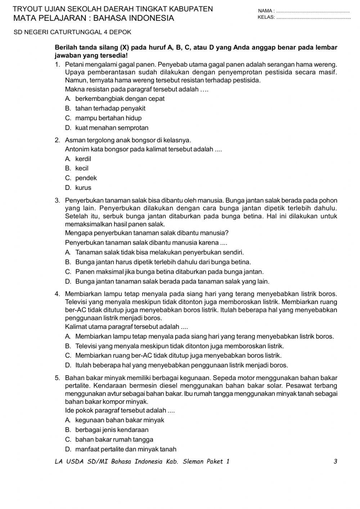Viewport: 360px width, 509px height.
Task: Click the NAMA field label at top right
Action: click(266, 11)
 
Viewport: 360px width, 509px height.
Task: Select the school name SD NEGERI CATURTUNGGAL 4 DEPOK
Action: click(72, 32)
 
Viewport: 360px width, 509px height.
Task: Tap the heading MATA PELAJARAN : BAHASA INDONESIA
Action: click(94, 18)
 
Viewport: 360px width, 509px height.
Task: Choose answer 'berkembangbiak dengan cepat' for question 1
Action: click(120, 99)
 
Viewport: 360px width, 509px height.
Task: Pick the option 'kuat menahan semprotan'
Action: click(112, 128)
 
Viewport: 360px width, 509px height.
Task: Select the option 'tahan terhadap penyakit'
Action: click(110, 108)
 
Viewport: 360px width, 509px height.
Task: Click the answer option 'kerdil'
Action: click(83, 159)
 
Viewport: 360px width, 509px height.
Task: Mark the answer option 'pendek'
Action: click(86, 178)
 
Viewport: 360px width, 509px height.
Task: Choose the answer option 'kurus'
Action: click(83, 188)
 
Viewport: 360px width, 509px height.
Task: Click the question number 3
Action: click(57, 201)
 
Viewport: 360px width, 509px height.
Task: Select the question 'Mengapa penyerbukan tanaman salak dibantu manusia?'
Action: click(147, 233)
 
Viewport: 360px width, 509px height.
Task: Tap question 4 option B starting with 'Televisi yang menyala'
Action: click(179, 346)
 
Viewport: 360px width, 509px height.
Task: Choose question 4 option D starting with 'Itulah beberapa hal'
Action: click(181, 365)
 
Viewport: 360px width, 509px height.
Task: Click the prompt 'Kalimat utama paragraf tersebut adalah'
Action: click(126, 327)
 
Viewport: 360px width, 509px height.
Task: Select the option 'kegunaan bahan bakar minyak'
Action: click(120, 420)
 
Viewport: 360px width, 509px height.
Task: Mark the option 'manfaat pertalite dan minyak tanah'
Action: click(126, 449)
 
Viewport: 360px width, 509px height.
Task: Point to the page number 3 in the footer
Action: click(335, 461)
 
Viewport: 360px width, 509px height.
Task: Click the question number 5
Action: click(57, 378)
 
